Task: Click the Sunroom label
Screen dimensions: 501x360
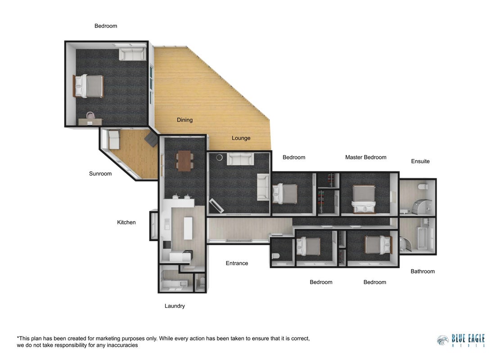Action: click(100, 173)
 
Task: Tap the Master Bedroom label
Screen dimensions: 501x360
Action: click(366, 157)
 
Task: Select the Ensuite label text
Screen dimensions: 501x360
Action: click(420, 161)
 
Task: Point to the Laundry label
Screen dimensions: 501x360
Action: click(175, 306)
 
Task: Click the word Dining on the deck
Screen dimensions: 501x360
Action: click(185, 120)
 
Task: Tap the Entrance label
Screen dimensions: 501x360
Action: click(237, 263)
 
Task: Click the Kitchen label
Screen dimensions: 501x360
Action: click(126, 222)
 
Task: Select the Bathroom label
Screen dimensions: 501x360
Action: click(422, 271)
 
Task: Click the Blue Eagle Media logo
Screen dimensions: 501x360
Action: click(461, 341)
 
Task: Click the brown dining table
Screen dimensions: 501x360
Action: click(185, 161)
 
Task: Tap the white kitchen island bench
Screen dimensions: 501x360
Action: click(188, 228)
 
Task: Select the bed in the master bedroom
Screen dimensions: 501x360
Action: click(364, 199)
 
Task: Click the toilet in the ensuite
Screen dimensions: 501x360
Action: click(423, 187)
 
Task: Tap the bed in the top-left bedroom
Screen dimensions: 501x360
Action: click(89, 86)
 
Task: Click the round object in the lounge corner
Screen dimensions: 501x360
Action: click(219, 157)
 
